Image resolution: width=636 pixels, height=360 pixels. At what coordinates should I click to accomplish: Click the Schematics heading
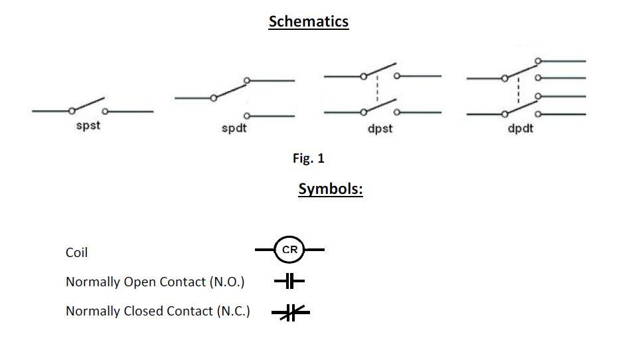pos(308,21)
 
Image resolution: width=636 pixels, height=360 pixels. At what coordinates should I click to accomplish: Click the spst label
pos(88,126)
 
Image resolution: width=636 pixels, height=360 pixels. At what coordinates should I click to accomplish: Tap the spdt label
pos(234,128)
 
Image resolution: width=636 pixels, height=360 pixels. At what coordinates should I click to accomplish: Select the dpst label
pos(380,128)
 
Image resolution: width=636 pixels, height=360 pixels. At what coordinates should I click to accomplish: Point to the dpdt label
pos(520,128)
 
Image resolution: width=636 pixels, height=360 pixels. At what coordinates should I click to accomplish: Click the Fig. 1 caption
pos(308,158)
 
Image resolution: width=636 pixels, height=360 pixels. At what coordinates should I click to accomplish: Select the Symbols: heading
pos(330,189)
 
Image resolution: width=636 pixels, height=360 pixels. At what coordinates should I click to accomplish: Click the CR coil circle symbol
pos(289,250)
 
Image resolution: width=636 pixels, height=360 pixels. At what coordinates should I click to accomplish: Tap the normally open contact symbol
pos(289,282)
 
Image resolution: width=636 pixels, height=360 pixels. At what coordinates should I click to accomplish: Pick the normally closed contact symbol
pos(290,312)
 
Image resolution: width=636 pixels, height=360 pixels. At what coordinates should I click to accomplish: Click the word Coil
pos(76,252)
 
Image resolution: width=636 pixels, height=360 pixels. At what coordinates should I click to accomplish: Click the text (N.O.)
pos(226,282)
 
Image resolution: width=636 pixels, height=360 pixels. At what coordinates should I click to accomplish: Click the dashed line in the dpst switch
pos(377,92)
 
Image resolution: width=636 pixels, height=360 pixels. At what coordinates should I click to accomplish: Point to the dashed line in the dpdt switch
pos(518,93)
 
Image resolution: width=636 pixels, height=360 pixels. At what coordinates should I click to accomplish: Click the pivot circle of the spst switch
pos(72,111)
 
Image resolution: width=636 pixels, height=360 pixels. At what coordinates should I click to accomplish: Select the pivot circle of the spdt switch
pos(213,98)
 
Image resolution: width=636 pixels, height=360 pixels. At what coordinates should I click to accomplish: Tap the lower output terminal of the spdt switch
pos(247,116)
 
